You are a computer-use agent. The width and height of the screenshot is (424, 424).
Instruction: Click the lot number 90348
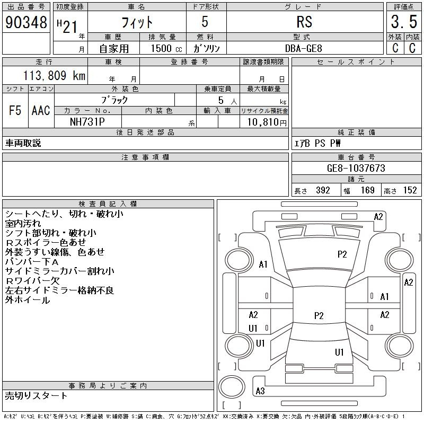click(26, 22)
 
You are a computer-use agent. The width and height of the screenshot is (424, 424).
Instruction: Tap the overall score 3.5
click(403, 22)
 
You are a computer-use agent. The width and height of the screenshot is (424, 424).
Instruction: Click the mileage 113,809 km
click(54, 76)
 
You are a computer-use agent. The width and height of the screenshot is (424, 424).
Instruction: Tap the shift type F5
click(15, 110)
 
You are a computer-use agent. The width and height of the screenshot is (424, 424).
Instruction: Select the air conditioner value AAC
click(41, 110)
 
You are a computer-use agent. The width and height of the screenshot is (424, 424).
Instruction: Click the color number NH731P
click(87, 121)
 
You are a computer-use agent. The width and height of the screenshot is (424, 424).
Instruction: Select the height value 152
click(410, 191)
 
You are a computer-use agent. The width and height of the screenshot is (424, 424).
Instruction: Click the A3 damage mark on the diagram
click(260, 391)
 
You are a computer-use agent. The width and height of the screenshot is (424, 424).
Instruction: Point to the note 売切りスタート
click(36, 395)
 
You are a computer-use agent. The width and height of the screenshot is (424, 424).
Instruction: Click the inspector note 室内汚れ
click(23, 223)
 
